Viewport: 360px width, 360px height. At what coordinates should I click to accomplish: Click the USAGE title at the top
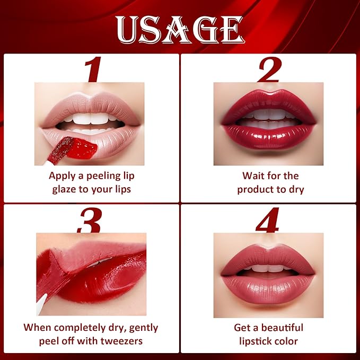pyautogui.click(x=180, y=30)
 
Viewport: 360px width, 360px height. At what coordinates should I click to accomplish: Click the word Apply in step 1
pyautogui.click(x=63, y=175)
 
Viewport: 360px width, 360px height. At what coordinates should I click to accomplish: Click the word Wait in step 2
pyautogui.click(x=253, y=175)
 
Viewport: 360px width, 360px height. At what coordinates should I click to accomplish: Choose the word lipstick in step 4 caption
pyautogui.click(x=256, y=341)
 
